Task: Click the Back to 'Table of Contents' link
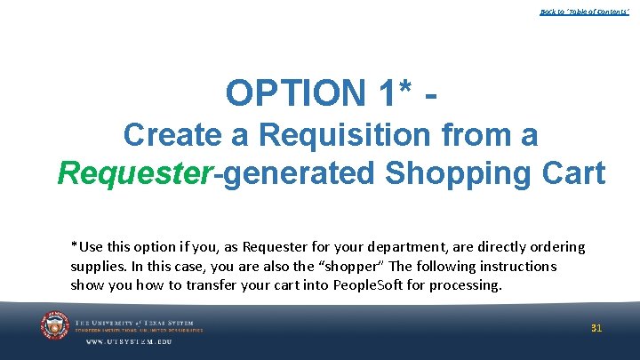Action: pyautogui.click(x=584, y=12)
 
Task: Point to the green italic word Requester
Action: pyautogui.click(x=132, y=173)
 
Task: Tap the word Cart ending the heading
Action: pyautogui.click(x=572, y=173)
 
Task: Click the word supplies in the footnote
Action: pyautogui.click(x=97, y=267)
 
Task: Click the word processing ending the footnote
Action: pyautogui.click(x=468, y=285)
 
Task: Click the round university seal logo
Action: pyautogui.click(x=55, y=326)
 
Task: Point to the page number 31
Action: pyautogui.click(x=596, y=328)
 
